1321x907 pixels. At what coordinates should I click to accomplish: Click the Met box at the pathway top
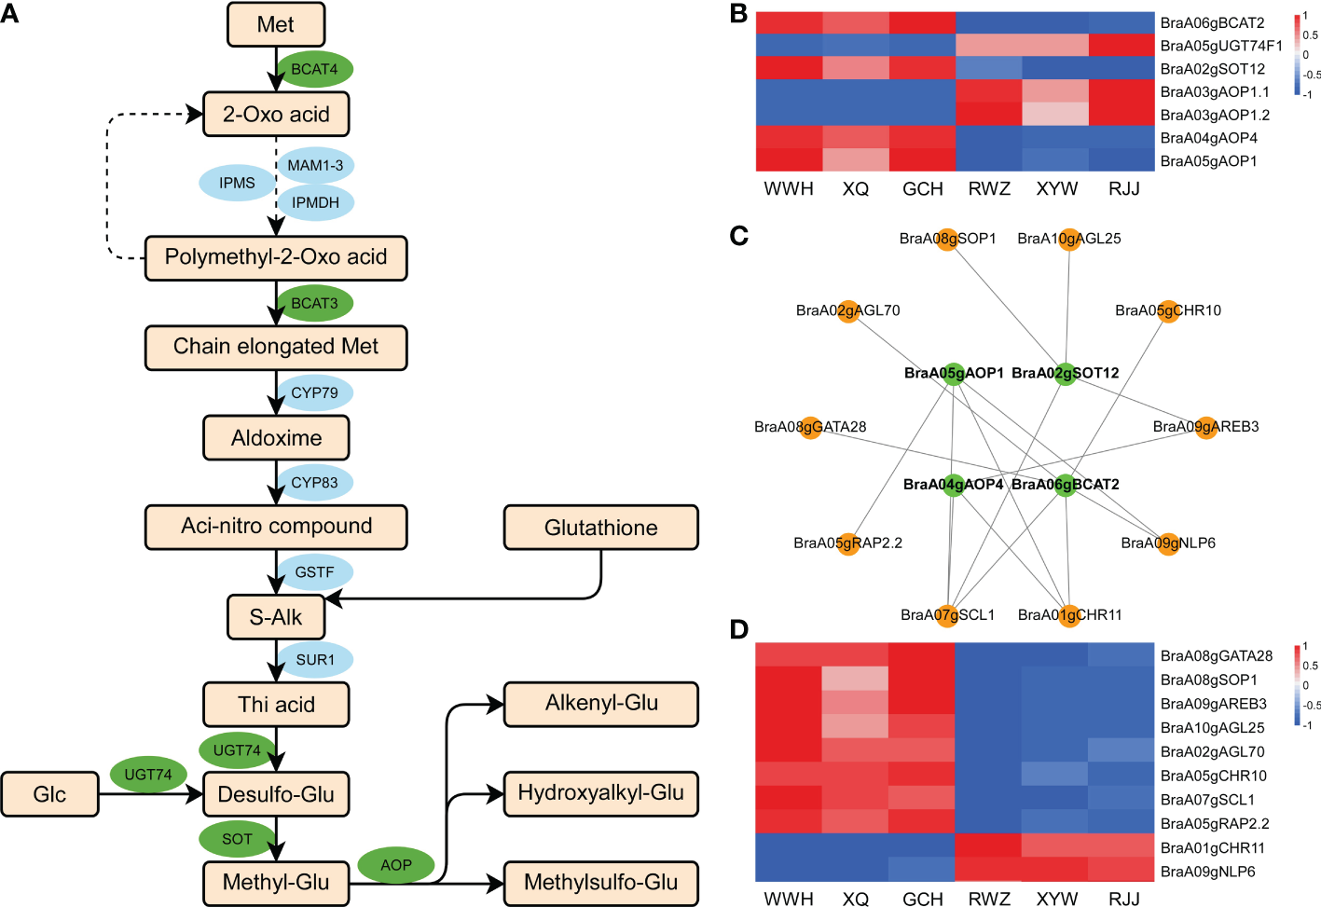[276, 24]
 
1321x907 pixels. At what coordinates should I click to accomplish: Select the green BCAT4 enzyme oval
[314, 69]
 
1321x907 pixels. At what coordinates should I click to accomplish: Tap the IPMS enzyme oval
[237, 183]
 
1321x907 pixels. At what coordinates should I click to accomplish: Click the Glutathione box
[600, 528]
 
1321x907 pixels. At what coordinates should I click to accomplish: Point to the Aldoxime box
[276, 437]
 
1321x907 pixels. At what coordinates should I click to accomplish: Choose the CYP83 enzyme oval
[314, 482]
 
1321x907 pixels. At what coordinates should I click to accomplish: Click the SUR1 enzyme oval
[314, 659]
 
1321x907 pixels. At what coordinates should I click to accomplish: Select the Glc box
[49, 794]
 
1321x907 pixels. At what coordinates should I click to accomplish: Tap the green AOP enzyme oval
[395, 865]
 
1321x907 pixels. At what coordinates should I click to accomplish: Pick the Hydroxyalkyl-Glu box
[600, 793]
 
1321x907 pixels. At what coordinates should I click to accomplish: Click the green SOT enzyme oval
[237, 839]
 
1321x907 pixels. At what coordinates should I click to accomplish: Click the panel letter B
[738, 15]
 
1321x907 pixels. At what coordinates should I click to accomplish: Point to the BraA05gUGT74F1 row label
[1221, 46]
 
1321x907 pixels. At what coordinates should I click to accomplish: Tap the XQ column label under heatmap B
[855, 189]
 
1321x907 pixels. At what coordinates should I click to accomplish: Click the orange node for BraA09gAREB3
[1206, 428]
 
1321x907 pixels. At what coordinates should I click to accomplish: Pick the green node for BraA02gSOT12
[1066, 374]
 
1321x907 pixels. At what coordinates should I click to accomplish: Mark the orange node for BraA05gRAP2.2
[848, 543]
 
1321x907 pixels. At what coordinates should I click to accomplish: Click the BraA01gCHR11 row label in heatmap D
[1212, 848]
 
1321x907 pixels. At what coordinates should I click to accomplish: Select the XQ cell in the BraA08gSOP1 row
[855, 680]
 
